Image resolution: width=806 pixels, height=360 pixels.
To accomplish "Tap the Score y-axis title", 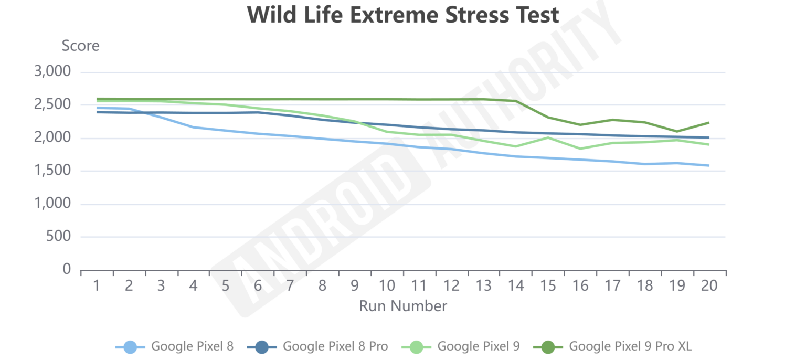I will click(80, 46).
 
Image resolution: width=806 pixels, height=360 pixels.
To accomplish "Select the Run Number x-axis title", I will click(402, 306).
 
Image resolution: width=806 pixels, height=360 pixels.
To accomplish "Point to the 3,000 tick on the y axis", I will click(52, 72).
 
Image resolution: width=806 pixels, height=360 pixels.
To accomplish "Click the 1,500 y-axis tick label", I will click(52, 171).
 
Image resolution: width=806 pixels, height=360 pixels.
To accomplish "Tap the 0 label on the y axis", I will click(66, 269).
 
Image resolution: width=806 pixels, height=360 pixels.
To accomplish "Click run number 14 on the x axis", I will click(516, 286).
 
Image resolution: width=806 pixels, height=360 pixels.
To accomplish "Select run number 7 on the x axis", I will click(290, 286).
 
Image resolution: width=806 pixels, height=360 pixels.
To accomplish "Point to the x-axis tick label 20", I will click(709, 286).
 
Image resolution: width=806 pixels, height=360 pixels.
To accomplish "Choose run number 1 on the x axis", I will click(97, 286).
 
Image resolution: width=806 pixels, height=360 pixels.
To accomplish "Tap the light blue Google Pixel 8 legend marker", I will click(130, 346).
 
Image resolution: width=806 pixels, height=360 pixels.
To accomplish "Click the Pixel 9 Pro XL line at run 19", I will click(677, 131).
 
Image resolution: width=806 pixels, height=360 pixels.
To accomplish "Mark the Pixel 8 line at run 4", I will click(194, 127).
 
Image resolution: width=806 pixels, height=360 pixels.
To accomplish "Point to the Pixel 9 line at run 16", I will click(580, 149).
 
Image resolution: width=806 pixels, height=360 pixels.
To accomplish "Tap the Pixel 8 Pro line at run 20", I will click(709, 137).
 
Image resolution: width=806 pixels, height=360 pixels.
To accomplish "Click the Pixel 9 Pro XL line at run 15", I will click(548, 117).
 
